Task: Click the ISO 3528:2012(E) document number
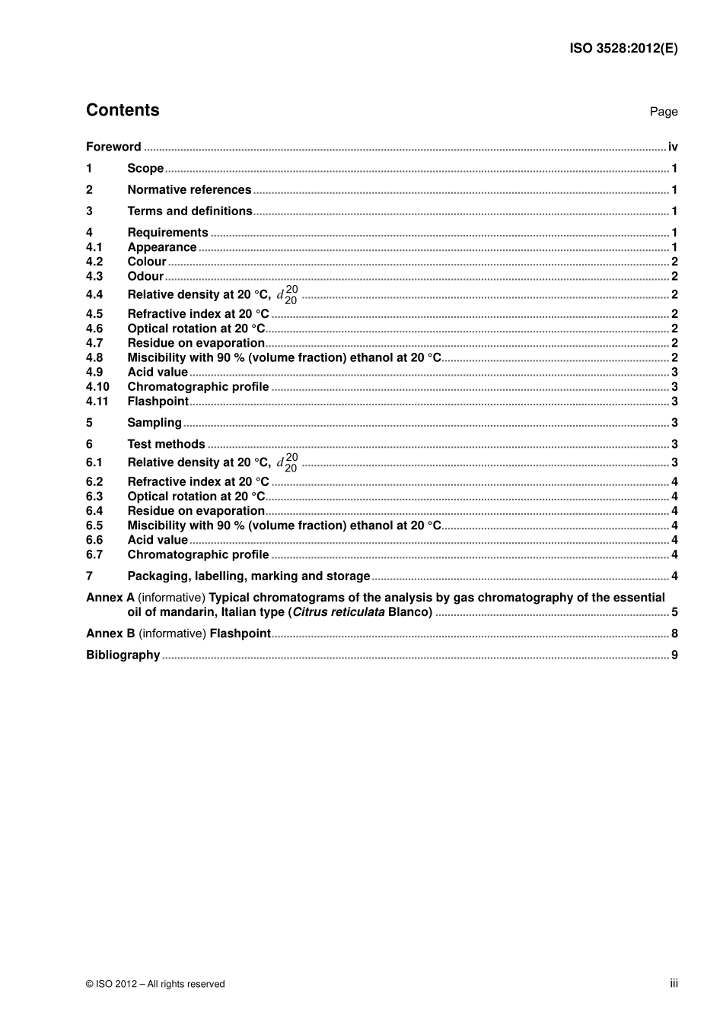tap(623, 49)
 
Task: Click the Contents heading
tap(123, 110)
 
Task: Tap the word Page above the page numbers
tap(663, 112)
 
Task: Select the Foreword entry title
tap(113, 147)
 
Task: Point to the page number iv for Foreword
tap(673, 147)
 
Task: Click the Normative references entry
tap(189, 190)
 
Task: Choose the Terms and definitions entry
tap(190, 211)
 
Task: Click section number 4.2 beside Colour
tap(94, 262)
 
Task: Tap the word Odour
tap(145, 276)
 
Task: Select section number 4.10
tap(97, 387)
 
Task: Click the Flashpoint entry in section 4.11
tap(158, 401)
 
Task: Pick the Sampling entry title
tap(154, 423)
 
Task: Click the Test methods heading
tap(166, 444)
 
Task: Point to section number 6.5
tap(94, 525)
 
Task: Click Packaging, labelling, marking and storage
tap(248, 576)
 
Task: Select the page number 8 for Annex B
tap(674, 633)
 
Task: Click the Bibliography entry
tap(123, 655)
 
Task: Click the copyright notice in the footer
tap(155, 984)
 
